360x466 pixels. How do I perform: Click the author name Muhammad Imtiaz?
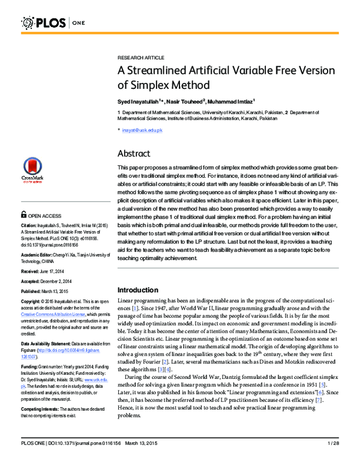point(231,101)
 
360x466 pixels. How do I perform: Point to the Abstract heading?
point(134,153)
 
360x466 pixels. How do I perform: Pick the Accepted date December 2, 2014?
point(62,280)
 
